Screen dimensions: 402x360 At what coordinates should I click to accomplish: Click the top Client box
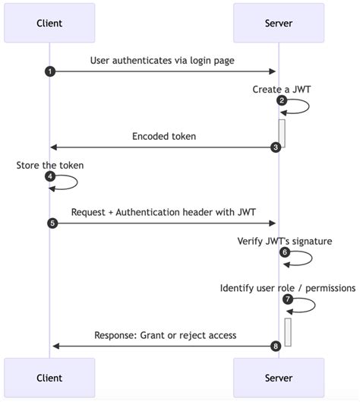point(49,23)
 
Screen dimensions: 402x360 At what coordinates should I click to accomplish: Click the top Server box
point(278,23)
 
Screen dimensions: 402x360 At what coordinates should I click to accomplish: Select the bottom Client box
point(49,377)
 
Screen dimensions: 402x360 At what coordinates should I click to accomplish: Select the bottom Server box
point(278,377)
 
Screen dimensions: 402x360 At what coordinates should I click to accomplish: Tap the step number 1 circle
point(50,71)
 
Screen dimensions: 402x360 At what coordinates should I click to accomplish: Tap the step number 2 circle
point(282,100)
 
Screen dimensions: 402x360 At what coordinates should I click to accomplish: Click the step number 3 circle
point(276,147)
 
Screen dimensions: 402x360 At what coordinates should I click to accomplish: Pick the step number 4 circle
point(50,176)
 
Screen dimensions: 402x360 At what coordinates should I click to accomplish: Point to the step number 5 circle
point(52,223)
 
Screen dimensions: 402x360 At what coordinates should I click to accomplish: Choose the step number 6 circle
point(285,252)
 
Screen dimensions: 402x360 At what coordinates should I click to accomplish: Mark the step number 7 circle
point(288,299)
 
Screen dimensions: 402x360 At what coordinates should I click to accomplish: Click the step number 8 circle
point(276,346)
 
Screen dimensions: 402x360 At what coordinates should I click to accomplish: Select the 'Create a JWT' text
point(281,89)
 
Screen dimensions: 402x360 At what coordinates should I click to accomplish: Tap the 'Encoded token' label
point(163,136)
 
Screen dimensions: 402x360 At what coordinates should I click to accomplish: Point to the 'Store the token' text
point(50,165)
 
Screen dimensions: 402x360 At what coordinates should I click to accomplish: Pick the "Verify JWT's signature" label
point(284,241)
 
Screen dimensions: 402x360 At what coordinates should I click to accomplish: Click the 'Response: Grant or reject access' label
point(165,335)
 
